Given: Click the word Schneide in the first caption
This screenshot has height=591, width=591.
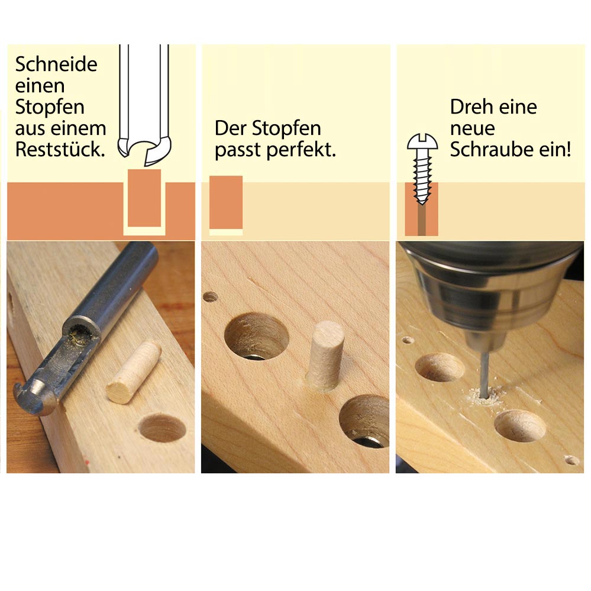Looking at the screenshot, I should (x=56, y=64).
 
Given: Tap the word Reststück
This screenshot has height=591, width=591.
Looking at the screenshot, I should (x=60, y=149).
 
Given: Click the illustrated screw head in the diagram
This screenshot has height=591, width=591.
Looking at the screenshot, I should (x=422, y=143).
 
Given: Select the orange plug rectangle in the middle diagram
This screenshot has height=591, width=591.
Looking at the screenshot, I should (x=226, y=202).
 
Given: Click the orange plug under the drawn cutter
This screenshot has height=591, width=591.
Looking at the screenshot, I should (x=144, y=197).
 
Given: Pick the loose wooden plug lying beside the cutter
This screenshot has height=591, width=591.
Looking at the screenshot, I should (x=133, y=372).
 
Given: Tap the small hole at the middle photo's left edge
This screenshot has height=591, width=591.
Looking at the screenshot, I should (x=210, y=296).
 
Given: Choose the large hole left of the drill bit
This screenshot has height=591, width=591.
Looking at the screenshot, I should (x=440, y=367).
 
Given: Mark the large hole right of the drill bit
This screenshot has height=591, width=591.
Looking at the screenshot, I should (x=519, y=425).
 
